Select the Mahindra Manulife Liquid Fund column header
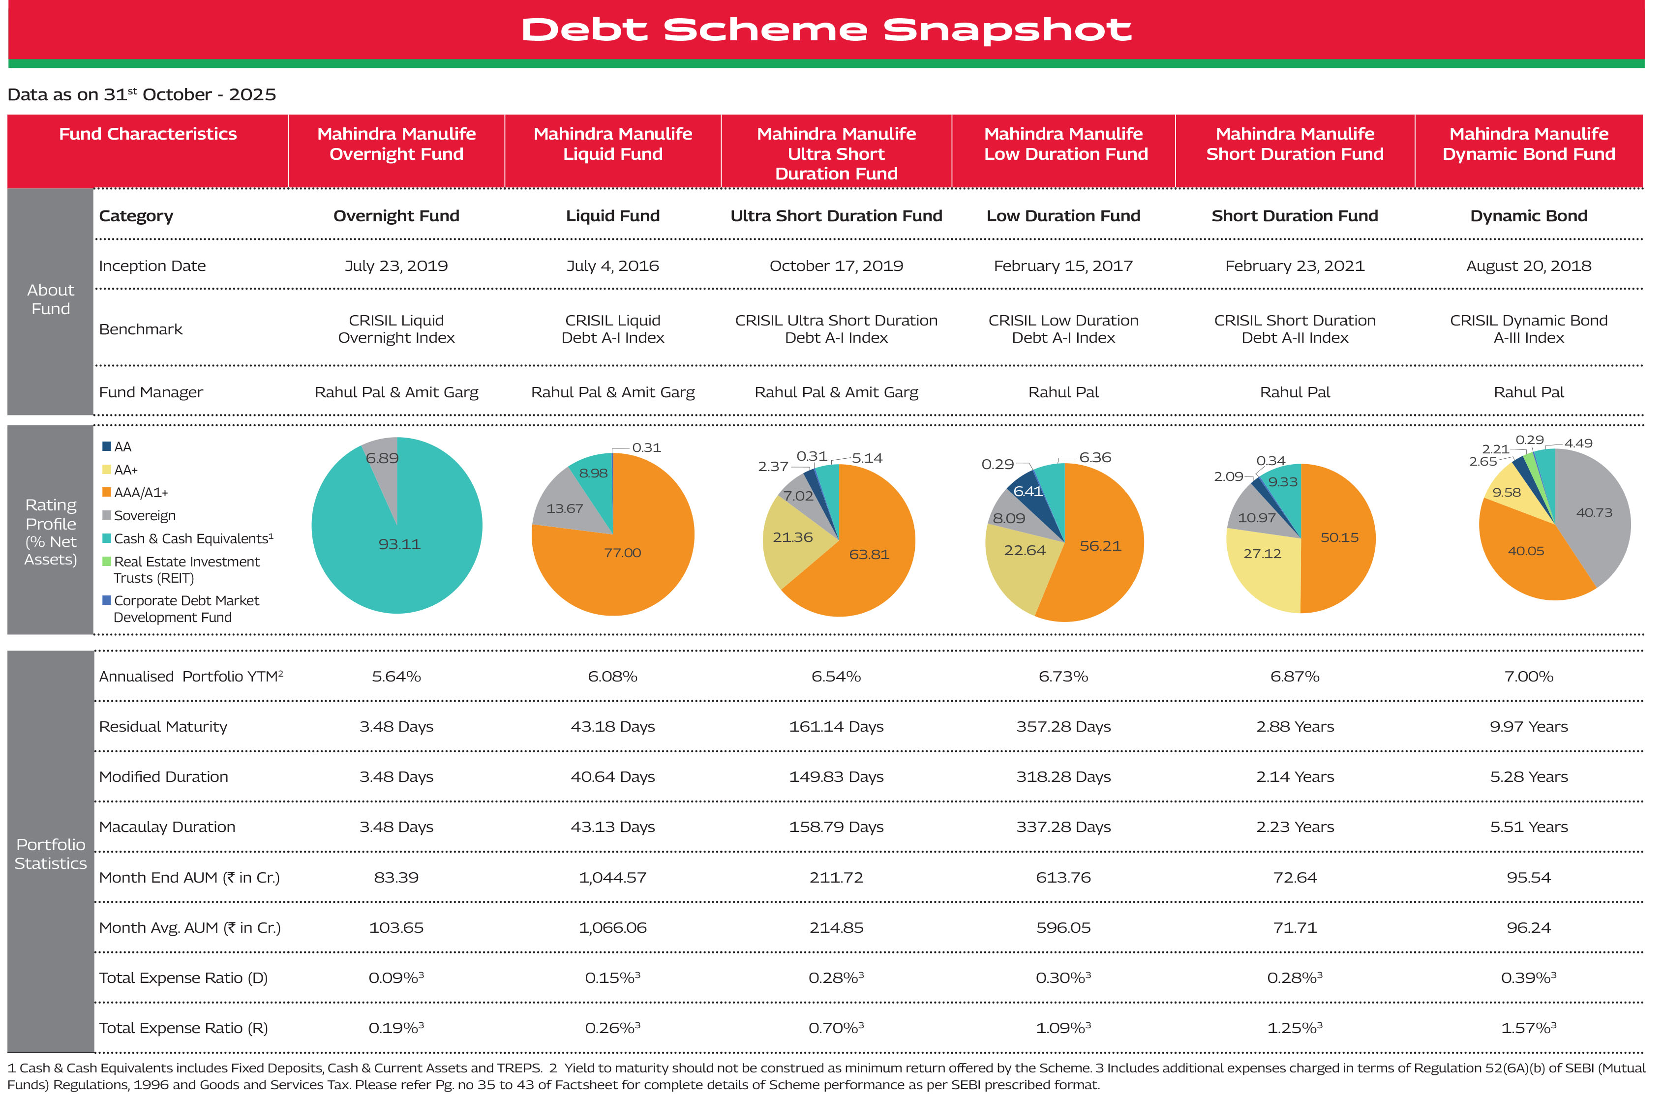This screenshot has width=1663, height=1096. [x=612, y=144]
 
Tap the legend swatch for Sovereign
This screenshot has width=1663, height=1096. [x=107, y=516]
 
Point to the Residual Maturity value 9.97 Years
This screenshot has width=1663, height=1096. [x=1528, y=727]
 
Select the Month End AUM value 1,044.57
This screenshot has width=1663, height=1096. [x=612, y=878]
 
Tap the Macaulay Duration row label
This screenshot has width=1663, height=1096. [x=167, y=828]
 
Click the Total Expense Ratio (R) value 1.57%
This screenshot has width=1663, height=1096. [x=1528, y=1028]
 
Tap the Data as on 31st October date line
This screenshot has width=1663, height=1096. [x=142, y=95]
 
